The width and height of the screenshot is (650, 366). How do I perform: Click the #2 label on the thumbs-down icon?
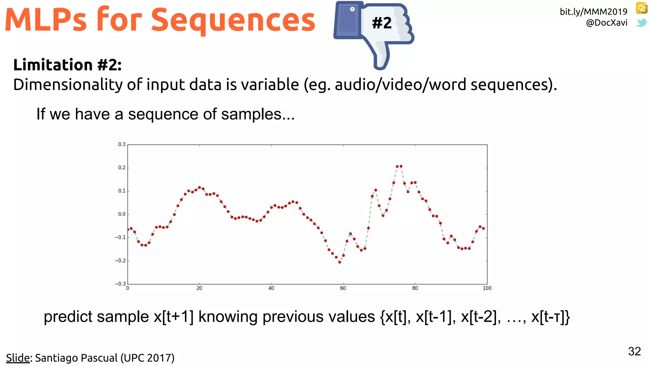382,23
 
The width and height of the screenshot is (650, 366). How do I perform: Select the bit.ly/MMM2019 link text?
593,12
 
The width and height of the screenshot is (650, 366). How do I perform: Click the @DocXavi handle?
606,23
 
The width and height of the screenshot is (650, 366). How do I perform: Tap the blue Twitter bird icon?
641,23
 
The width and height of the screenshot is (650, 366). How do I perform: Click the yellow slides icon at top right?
641,8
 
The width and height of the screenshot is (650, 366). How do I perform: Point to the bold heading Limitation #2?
67,65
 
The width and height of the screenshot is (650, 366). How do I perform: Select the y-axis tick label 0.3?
122,144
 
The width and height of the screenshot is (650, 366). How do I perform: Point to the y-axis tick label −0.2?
120,261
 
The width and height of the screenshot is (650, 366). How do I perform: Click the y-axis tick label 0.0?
122,214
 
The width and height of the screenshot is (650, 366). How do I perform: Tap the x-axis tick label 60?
343,288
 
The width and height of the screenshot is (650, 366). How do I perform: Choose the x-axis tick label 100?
487,288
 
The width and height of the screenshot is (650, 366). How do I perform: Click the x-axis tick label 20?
199,288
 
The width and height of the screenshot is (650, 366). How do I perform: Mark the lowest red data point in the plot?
340,262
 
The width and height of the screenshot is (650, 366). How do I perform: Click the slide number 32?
634,351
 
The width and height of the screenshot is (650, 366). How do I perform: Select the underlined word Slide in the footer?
18,358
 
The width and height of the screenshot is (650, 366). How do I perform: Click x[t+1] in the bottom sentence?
173,317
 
